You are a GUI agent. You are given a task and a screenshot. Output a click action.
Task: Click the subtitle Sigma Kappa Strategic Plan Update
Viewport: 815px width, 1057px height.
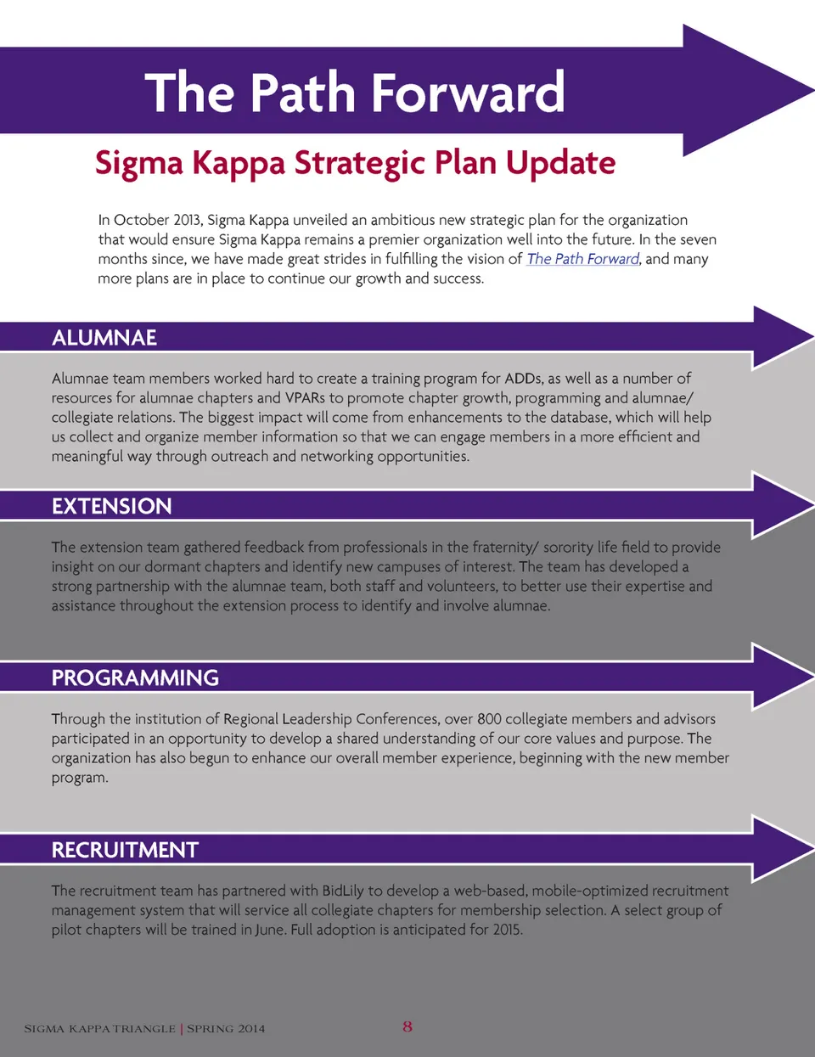(x=355, y=162)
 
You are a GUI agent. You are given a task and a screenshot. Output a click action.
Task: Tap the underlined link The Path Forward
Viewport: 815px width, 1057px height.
(x=582, y=259)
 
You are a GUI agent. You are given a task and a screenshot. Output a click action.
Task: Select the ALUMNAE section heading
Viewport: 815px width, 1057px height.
(x=104, y=338)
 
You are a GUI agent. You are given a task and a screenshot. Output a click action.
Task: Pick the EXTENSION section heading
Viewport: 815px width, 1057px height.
(x=111, y=507)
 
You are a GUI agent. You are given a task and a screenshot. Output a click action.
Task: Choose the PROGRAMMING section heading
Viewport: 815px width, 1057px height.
(x=135, y=677)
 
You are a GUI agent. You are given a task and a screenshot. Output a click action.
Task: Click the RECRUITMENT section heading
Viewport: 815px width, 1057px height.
(x=125, y=850)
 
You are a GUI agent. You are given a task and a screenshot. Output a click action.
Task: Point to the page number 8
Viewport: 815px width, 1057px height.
(x=407, y=1026)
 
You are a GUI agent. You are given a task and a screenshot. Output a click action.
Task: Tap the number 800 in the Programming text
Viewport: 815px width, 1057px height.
(x=489, y=719)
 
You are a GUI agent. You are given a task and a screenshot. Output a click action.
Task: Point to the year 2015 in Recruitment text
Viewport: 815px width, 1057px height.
(x=507, y=930)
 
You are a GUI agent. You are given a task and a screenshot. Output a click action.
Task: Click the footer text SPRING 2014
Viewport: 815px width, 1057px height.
(x=226, y=1029)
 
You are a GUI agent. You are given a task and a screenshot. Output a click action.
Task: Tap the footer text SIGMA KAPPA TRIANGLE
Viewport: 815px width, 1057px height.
(x=99, y=1029)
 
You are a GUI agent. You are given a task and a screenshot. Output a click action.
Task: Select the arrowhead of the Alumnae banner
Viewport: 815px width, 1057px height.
(x=777, y=338)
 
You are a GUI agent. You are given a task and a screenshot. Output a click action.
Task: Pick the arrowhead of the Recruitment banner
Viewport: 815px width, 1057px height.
(x=777, y=848)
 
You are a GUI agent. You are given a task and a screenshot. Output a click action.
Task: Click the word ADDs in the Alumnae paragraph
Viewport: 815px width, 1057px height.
(x=522, y=378)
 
